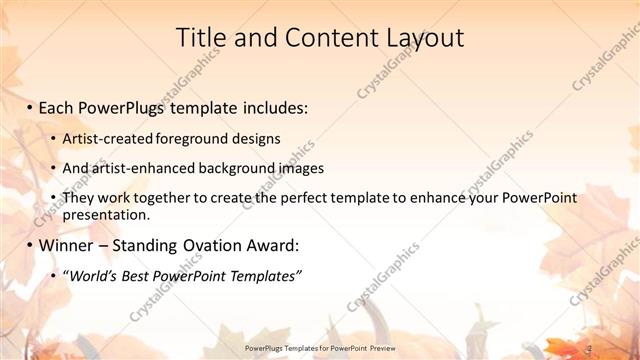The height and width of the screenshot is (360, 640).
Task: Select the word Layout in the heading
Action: (x=423, y=38)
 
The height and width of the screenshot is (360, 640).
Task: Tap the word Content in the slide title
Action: (x=319, y=38)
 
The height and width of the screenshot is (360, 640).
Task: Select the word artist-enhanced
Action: (x=135, y=167)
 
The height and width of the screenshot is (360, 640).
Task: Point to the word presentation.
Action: (x=105, y=214)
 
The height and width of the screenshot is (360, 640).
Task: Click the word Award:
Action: (x=270, y=245)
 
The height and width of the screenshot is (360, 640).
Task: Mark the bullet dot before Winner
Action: (x=31, y=245)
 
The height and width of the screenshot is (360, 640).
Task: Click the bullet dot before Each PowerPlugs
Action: (x=31, y=105)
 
